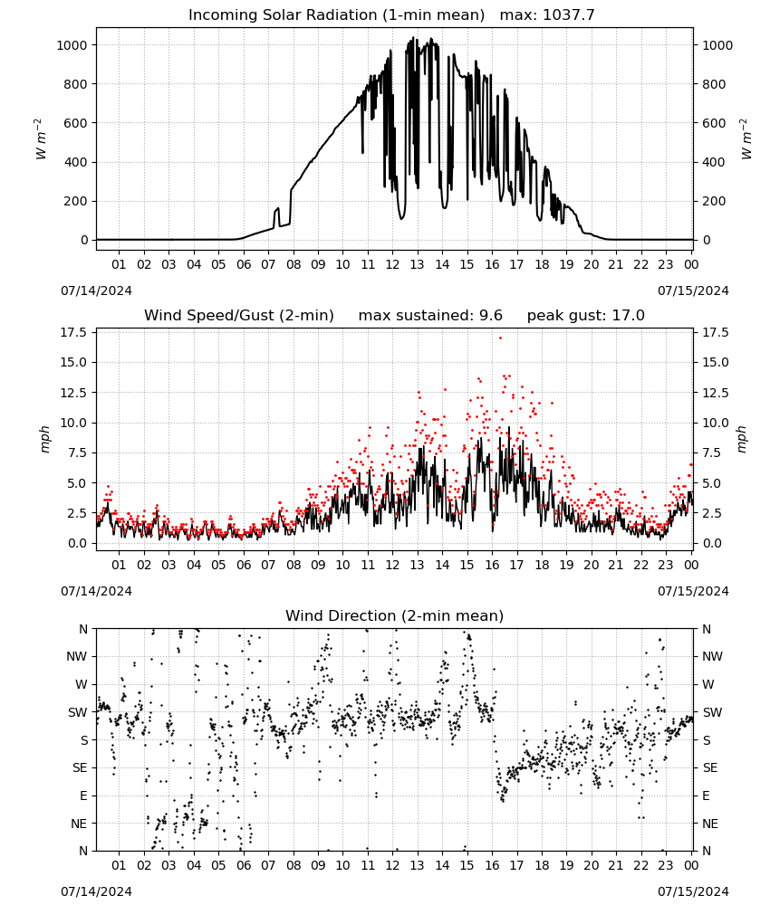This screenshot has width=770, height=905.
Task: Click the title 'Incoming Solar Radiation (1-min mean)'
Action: (336, 15)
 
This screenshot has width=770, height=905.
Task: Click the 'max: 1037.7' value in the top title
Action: (547, 15)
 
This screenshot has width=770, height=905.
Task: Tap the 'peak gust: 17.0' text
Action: (586, 315)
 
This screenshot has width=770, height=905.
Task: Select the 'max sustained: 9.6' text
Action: (430, 315)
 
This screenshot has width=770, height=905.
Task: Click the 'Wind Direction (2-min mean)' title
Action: (395, 615)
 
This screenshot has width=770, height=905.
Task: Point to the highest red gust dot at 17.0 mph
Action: (500, 338)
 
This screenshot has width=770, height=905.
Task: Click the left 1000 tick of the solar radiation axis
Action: (72, 45)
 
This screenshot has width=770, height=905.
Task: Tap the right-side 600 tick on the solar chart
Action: (713, 123)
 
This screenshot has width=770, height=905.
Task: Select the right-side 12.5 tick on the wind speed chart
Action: (715, 393)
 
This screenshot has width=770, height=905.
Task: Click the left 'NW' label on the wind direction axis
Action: (77, 656)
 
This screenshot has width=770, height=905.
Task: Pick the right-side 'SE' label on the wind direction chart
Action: (710, 767)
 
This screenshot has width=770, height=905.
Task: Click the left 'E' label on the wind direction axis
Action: (83, 795)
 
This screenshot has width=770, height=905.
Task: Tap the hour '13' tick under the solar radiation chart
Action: (417, 264)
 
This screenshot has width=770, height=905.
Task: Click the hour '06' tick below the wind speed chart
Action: (244, 565)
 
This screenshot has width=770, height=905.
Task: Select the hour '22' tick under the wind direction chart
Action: (641, 865)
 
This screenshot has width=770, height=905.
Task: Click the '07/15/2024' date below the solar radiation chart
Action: (693, 291)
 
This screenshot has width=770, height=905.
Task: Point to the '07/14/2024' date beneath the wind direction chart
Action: (96, 891)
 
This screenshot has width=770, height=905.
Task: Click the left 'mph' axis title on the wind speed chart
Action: (45, 440)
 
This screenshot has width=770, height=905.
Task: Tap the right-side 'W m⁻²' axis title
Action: (745, 139)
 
